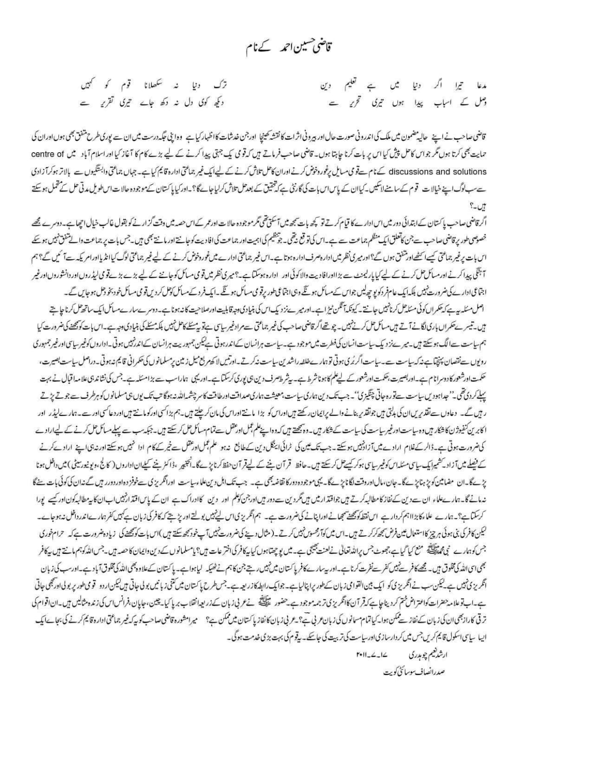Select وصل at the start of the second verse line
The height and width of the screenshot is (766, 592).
[x=481, y=102]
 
